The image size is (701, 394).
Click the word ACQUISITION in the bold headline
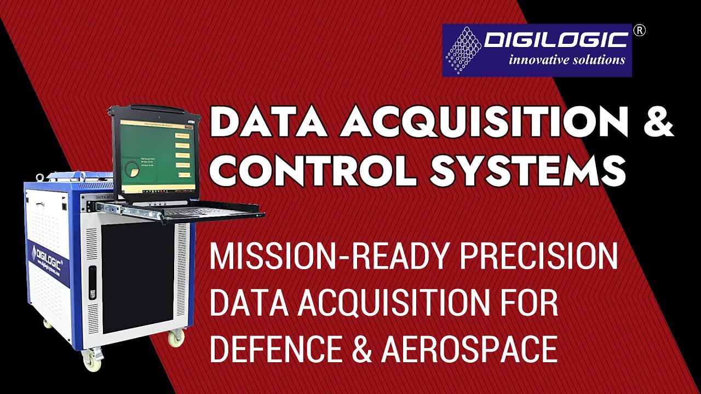point(485,123)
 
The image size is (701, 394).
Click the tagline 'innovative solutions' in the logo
point(566,60)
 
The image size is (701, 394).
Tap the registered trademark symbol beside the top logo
point(639,31)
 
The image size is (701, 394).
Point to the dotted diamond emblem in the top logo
point(463,50)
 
